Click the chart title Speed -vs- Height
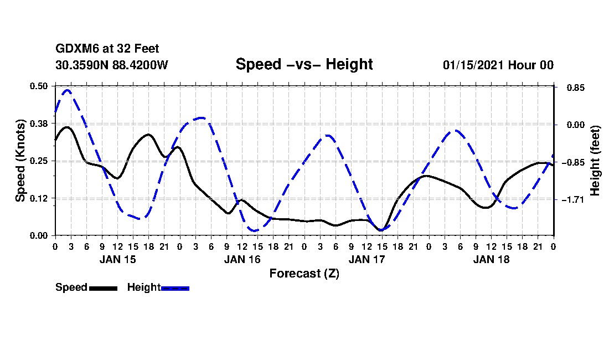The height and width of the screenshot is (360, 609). click(304, 64)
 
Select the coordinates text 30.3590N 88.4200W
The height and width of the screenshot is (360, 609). click(111, 65)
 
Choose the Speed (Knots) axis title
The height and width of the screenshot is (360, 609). click(20, 161)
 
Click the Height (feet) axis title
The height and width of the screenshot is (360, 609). click(595, 161)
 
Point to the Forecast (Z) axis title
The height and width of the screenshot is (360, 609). click(304, 274)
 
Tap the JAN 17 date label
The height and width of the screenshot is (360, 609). click(367, 259)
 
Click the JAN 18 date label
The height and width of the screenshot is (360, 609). click(491, 259)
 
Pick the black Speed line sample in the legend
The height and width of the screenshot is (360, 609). click(103, 288)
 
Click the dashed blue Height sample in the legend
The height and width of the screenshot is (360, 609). click(175, 288)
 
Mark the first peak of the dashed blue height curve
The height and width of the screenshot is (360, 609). click(68, 90)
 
